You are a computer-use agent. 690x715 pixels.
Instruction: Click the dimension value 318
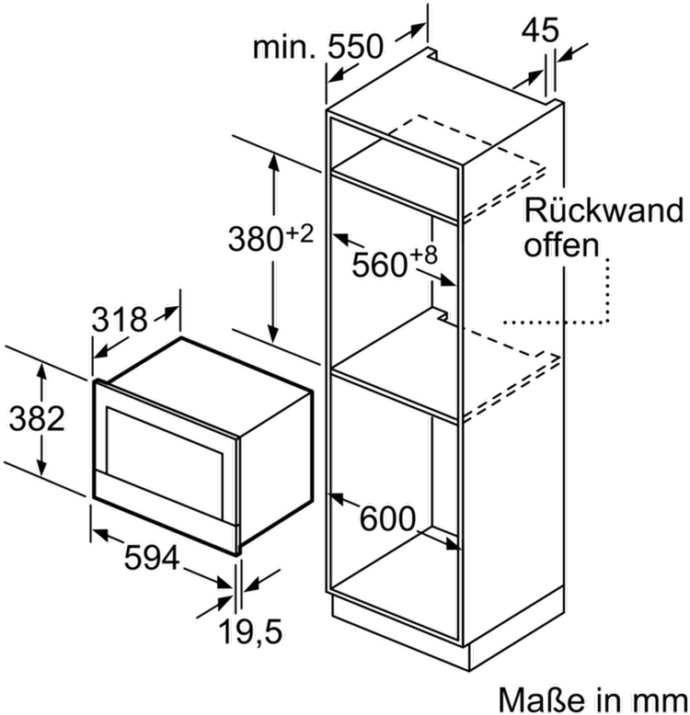click(120, 320)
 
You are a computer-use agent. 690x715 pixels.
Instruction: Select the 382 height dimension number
click(37, 419)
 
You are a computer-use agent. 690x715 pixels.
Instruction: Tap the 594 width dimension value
click(153, 558)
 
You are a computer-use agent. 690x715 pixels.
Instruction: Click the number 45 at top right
click(542, 31)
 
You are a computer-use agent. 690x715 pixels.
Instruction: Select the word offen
click(561, 245)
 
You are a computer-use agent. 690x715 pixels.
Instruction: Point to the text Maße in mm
click(593, 696)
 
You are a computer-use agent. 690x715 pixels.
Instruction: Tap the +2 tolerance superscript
click(301, 233)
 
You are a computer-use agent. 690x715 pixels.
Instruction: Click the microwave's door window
click(166, 445)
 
